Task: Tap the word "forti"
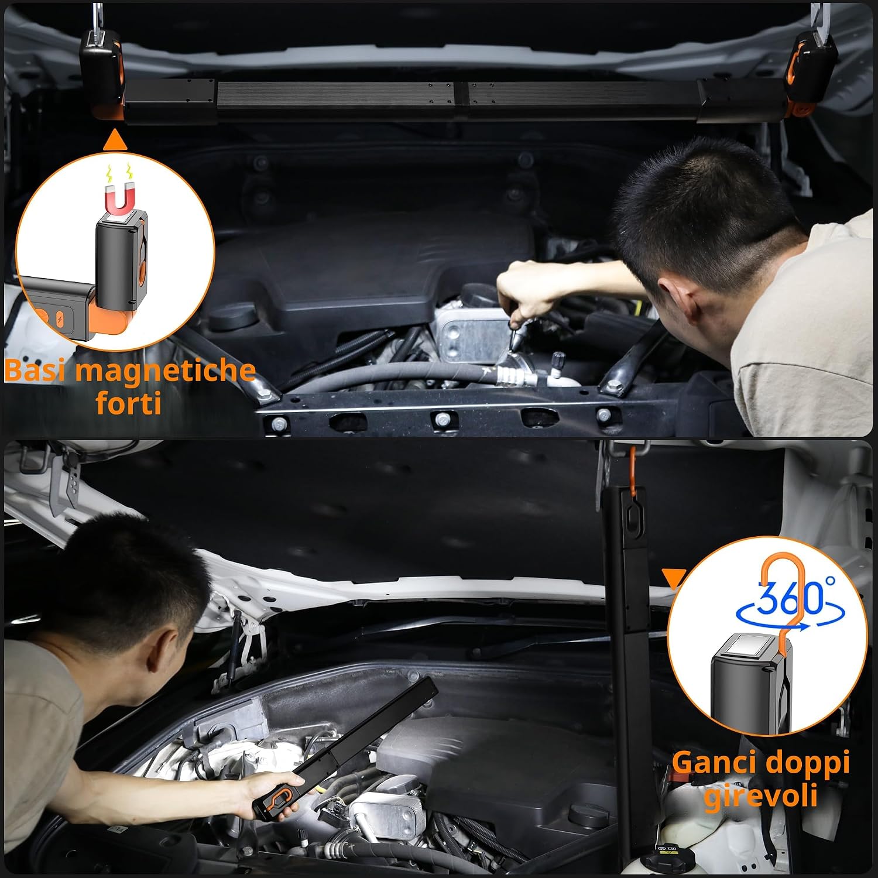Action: coord(128,403)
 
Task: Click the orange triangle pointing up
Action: coord(115,140)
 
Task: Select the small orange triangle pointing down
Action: coord(674,578)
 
